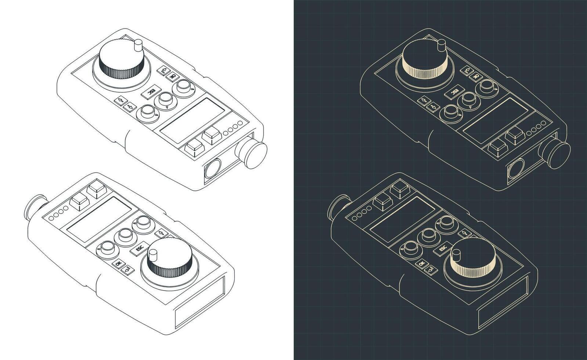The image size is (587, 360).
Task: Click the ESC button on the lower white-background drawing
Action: (x=139, y=249)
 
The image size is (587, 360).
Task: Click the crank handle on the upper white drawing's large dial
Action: (x=138, y=46)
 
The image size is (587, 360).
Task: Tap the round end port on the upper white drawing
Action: (x=212, y=170)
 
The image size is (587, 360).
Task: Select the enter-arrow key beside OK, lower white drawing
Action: (x=127, y=270)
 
